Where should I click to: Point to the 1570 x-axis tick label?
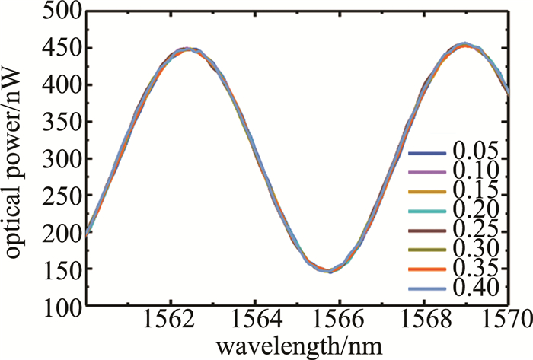click(503, 324)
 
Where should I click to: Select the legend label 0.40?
click(474, 288)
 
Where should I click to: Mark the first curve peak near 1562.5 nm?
click(188, 49)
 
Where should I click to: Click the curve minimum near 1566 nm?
click(329, 270)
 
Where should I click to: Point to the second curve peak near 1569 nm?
click(464, 45)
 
